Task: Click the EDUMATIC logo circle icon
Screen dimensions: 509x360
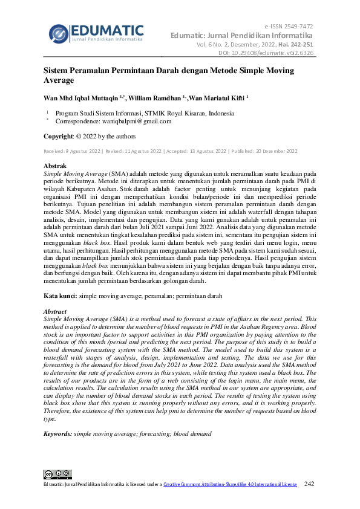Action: pyautogui.click(x=58, y=34)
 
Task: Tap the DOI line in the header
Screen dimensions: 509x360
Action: pyautogui.click(x=266, y=53)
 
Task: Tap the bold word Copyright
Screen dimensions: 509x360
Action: pyautogui.click(x=62, y=136)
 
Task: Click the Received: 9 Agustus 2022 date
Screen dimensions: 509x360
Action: pyautogui.click(x=72, y=151)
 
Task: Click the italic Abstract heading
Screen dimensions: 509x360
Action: pyautogui.click(x=55, y=311)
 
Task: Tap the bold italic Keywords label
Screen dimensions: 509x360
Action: pyautogui.click(x=57, y=434)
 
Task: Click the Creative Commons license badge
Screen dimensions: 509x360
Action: pyautogui.click(x=57, y=475)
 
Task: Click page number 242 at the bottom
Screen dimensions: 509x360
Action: pyautogui.click(x=309, y=484)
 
